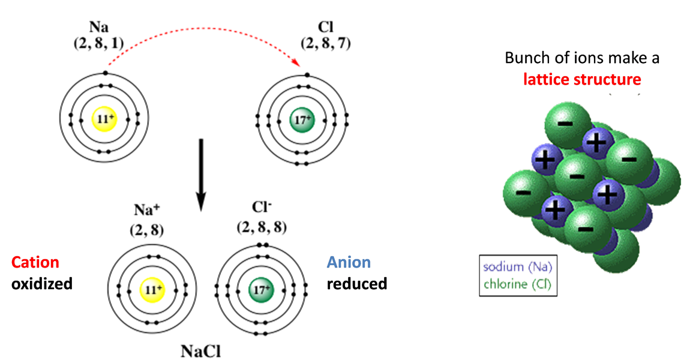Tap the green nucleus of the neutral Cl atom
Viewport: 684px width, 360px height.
(300, 119)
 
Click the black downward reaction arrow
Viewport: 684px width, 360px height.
(202, 174)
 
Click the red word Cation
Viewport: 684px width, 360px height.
(35, 262)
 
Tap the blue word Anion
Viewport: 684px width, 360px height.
(349, 262)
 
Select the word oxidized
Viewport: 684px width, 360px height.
(42, 283)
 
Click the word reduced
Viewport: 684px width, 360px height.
(356, 283)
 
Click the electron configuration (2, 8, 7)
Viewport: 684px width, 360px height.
(326, 43)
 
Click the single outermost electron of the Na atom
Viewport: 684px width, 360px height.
(105, 73)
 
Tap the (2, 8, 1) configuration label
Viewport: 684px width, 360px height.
(106, 43)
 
